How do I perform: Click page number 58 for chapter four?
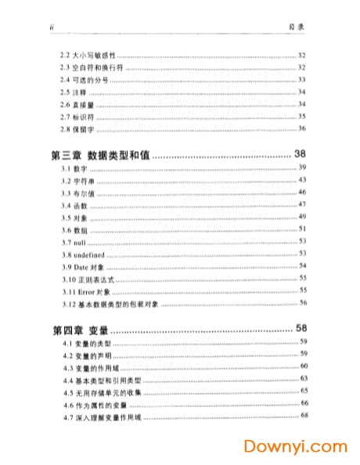pos(300,326)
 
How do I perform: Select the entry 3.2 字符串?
pos(78,181)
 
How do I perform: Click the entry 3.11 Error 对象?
pos(88,290)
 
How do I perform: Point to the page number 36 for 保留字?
pos(302,128)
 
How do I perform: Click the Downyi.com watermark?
pos(295,448)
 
